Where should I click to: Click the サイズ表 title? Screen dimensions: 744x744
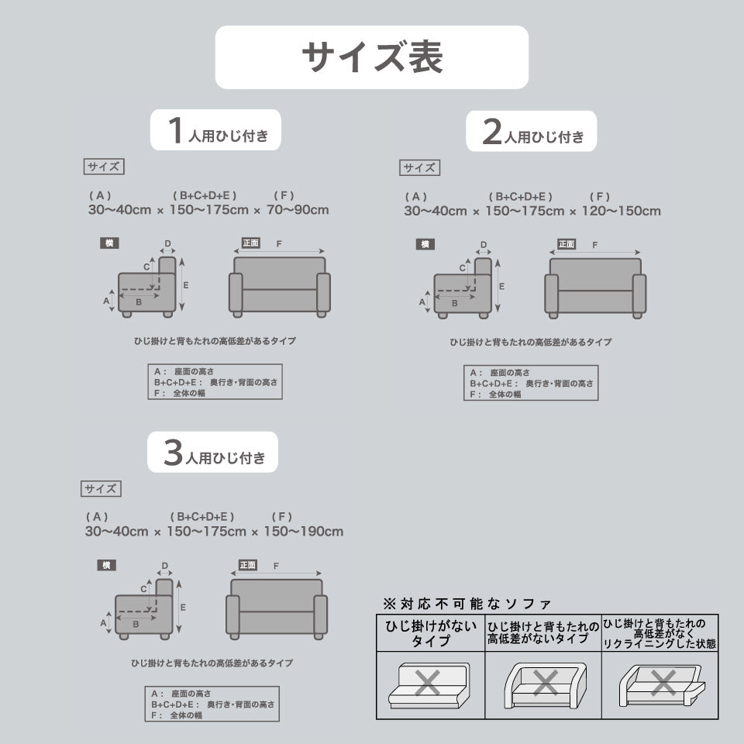point(372,57)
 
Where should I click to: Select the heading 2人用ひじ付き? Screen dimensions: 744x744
point(532,133)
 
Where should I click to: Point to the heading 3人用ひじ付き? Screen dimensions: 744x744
point(214,453)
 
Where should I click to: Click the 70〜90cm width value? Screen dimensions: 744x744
point(298,210)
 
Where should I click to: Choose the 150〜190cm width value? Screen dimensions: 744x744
point(303,532)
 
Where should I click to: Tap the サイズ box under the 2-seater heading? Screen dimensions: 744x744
point(419,167)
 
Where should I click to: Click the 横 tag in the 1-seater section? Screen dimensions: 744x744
point(109,243)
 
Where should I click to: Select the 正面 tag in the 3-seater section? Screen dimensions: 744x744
point(247,565)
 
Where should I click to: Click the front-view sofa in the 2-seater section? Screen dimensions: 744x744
point(595,287)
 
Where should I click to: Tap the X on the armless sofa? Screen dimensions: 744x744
point(427,683)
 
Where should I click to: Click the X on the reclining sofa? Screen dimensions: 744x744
point(663,683)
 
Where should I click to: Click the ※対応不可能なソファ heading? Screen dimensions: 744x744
point(467,603)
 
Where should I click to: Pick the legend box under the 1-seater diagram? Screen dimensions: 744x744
point(215,382)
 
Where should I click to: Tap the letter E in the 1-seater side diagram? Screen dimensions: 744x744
point(186,285)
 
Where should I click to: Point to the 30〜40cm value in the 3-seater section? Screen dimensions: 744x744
point(116,532)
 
